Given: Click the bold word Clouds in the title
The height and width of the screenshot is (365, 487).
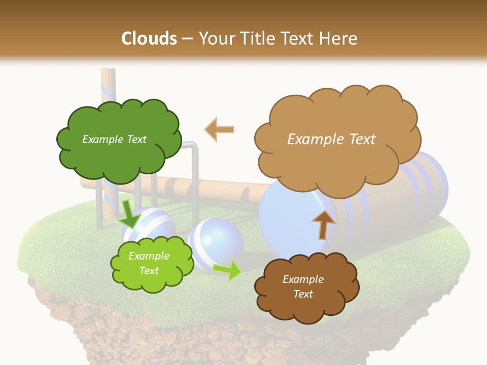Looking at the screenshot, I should (x=149, y=38).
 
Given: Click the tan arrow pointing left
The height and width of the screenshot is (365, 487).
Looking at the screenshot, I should (x=220, y=129).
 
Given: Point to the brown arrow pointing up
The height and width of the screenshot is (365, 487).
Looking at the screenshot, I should (x=324, y=225).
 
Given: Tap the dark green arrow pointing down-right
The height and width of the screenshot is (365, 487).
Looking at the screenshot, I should (x=129, y=213).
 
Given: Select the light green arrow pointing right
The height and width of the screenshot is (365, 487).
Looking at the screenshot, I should (x=228, y=270).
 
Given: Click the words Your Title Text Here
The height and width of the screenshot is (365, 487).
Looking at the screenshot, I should (x=277, y=38).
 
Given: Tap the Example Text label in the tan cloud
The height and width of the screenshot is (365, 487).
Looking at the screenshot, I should (x=331, y=139).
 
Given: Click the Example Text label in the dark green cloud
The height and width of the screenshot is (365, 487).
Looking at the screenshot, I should (x=114, y=139).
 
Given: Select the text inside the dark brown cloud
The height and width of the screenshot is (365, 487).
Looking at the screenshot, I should (x=303, y=286).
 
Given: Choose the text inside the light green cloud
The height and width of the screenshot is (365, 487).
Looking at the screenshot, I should (x=149, y=264).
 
